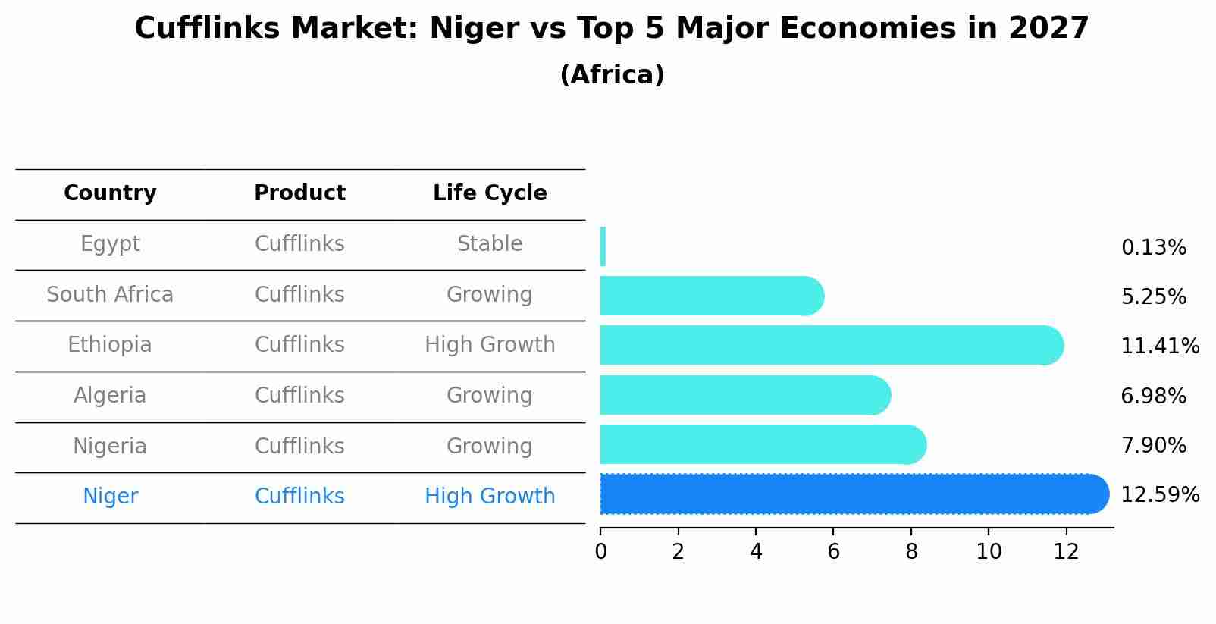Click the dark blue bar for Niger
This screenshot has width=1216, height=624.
coord(849,494)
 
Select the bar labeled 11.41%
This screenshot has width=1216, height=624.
coord(826,345)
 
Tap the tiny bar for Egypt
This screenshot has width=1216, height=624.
coord(603,246)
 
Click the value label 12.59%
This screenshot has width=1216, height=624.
coord(1159,495)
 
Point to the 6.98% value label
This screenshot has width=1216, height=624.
coord(1152,396)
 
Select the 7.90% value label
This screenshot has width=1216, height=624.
coord(1152,445)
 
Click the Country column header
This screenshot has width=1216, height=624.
coord(110,193)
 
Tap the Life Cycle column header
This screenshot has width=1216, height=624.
coord(490,193)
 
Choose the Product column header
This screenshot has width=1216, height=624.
coord(299,193)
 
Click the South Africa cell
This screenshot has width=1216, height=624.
coord(110,295)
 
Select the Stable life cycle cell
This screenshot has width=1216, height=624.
coord(490,244)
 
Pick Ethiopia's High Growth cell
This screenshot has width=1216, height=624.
coord(490,345)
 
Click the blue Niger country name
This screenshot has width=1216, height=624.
coord(110,497)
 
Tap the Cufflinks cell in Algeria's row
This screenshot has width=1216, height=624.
coord(299,396)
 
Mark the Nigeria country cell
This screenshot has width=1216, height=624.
coord(110,447)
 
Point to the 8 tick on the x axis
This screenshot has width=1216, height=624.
coord(911,552)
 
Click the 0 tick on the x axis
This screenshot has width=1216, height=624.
coord(600,552)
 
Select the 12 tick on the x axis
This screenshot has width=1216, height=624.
coord(1066,552)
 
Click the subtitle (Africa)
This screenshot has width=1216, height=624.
coord(612,75)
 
